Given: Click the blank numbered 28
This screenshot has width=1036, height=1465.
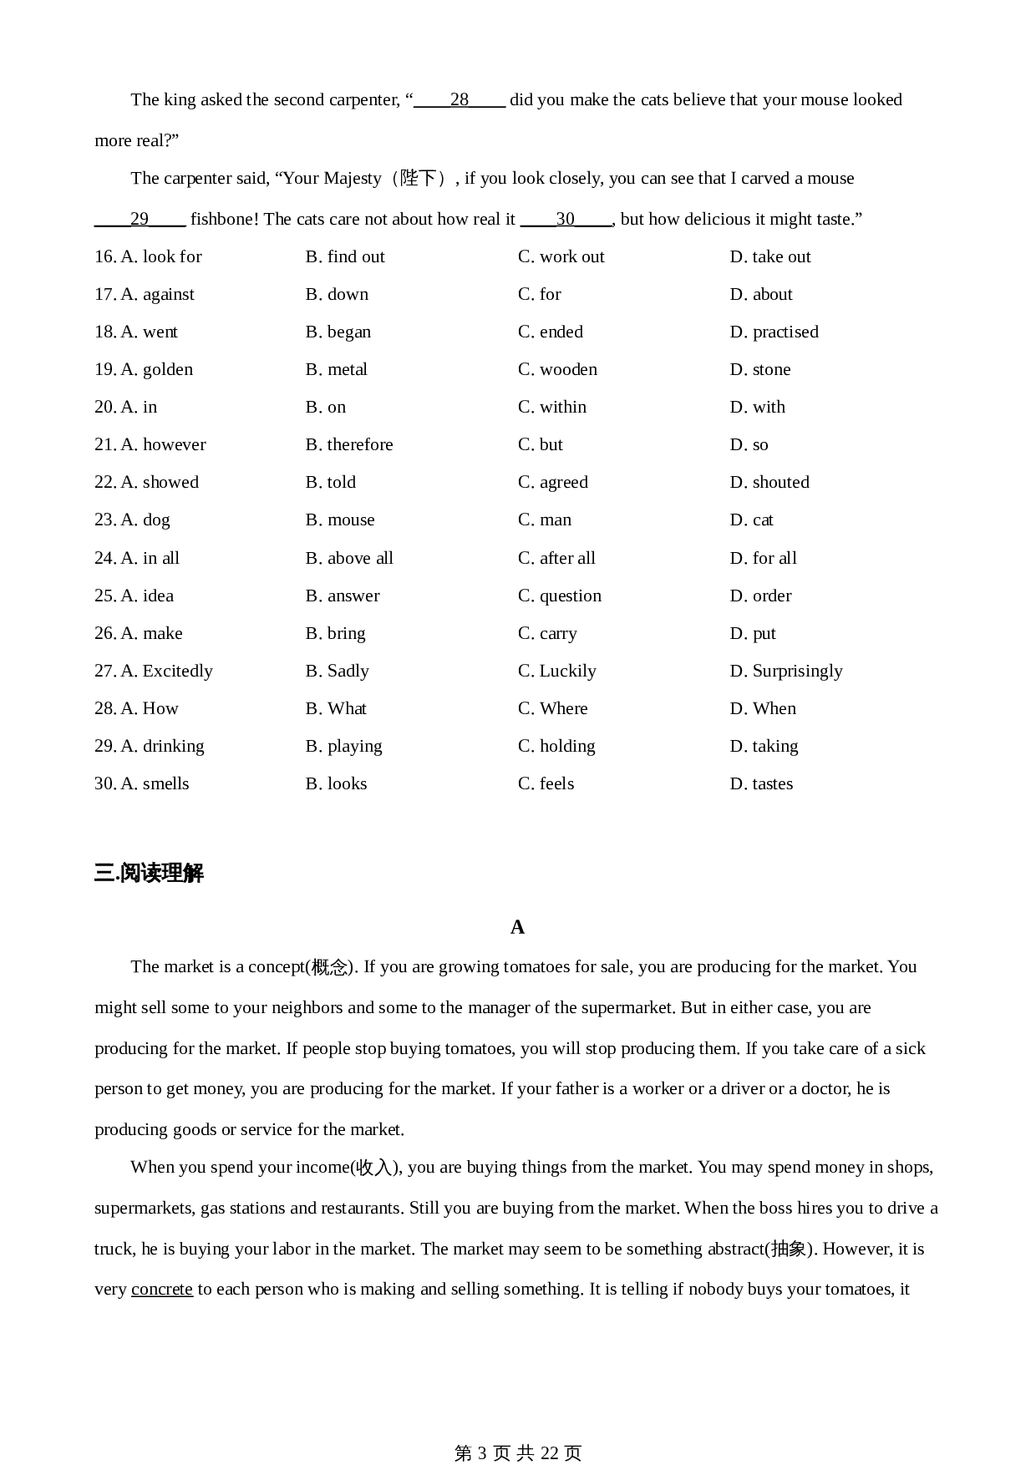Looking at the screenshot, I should pyautogui.click(x=460, y=100).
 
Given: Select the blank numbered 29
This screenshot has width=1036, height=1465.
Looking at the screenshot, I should pyautogui.click(x=140, y=220).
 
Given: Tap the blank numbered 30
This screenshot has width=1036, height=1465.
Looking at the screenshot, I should pyautogui.click(x=566, y=220).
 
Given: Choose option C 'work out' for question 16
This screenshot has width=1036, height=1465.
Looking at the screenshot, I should pyautogui.click(x=561, y=257).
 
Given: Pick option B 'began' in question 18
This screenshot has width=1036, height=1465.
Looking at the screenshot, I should pyautogui.click(x=338, y=332).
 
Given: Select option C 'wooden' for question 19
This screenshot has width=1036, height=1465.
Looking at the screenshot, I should pyautogui.click(x=557, y=370).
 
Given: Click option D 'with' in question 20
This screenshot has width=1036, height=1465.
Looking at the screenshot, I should pyautogui.click(x=757, y=408).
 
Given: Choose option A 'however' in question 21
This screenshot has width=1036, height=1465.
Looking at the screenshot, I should pyautogui.click(x=163, y=445).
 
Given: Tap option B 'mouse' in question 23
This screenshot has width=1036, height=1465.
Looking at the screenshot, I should pyautogui.click(x=340, y=520).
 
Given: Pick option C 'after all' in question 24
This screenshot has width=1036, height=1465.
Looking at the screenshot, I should pyautogui.click(x=556, y=558).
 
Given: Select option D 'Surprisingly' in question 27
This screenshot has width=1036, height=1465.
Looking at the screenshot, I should pyautogui.click(x=785, y=672).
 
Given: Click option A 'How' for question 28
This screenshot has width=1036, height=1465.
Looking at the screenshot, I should pyautogui.click(x=150, y=709).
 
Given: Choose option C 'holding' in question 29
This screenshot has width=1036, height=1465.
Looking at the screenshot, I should pyautogui.click(x=556, y=747).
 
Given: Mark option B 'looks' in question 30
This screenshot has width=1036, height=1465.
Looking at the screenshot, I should pyautogui.click(x=337, y=784).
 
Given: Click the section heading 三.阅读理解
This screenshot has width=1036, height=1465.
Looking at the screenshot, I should pyautogui.click(x=149, y=874).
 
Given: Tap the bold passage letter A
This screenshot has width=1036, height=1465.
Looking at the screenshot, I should pyautogui.click(x=517, y=928).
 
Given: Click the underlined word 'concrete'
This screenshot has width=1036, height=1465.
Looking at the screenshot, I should pyautogui.click(x=162, y=1290).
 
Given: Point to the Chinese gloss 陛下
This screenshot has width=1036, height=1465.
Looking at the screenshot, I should pyautogui.click(x=419, y=179).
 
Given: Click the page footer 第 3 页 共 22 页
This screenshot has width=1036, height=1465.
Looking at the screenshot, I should pyautogui.click(x=517, y=1453).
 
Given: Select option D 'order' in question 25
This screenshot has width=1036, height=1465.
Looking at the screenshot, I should pyautogui.click(x=760, y=596).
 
